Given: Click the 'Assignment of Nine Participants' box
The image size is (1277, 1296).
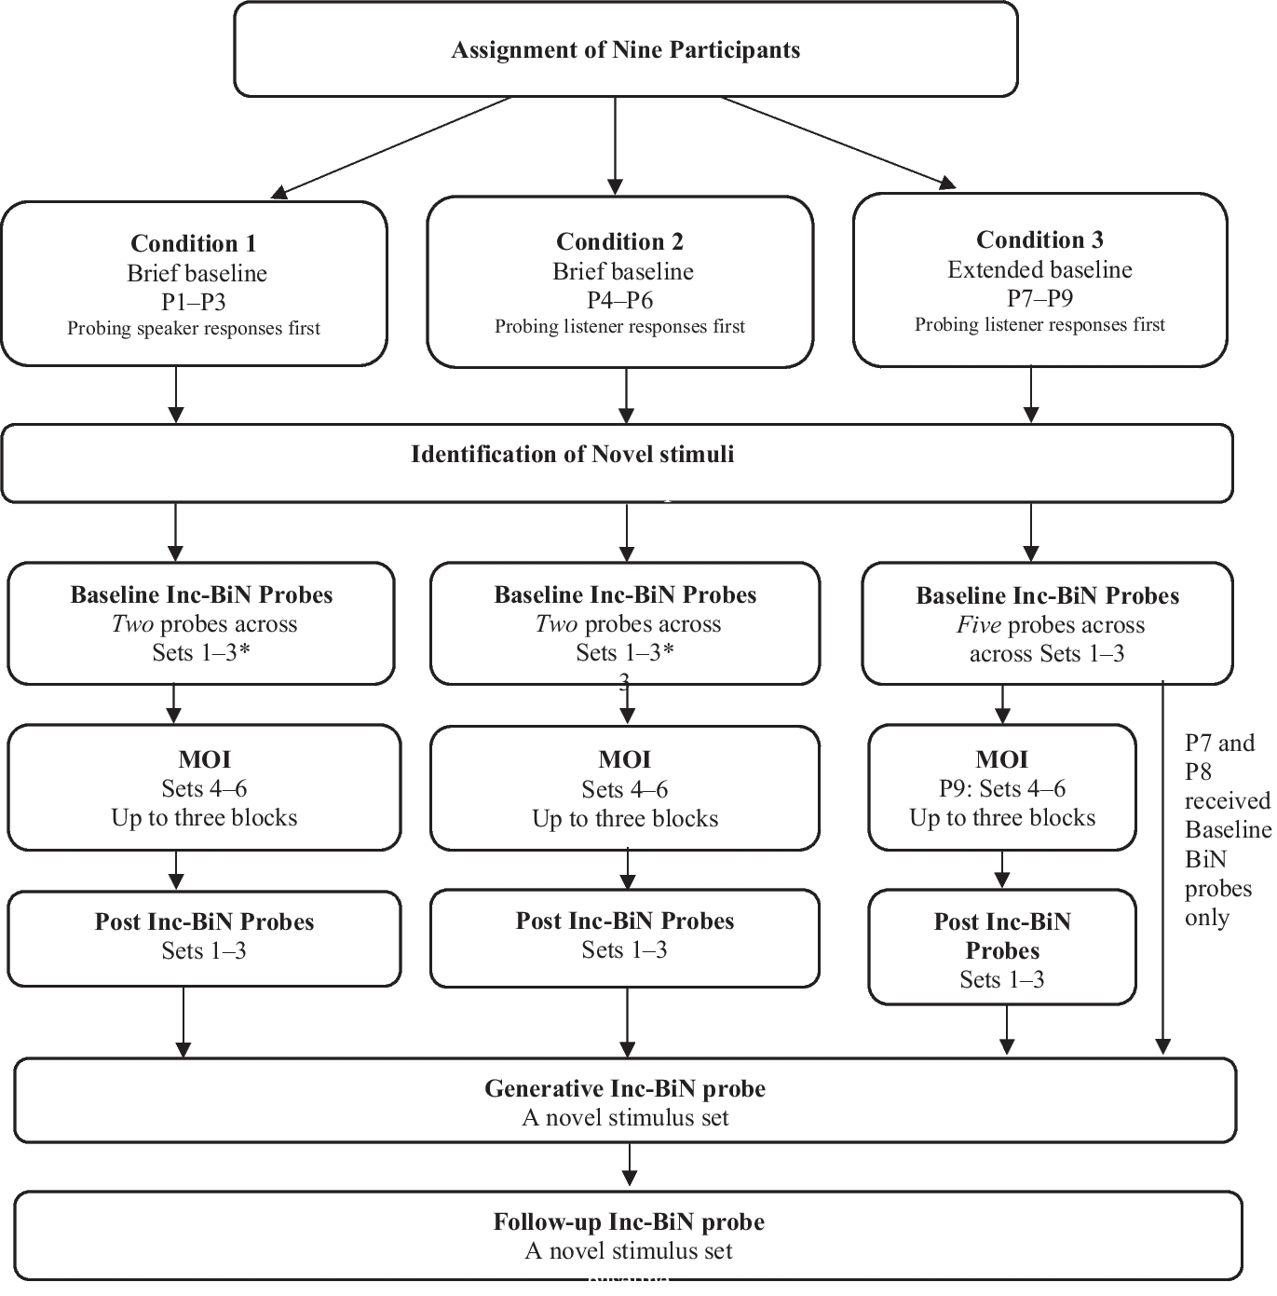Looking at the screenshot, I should [x=625, y=49].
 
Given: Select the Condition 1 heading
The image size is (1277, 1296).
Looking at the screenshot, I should [x=193, y=243].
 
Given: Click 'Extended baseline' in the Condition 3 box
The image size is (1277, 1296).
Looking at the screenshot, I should [x=1039, y=270].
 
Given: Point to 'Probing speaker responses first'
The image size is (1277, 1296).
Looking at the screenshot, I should [x=193, y=329].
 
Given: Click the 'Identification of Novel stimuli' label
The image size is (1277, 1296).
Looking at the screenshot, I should [x=572, y=455].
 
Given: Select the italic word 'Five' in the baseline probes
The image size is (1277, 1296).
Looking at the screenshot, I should [x=978, y=625].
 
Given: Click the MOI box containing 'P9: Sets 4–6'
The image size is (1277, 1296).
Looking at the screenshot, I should [x=1001, y=788].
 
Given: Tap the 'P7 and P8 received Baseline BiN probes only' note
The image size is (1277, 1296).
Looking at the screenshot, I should [x=1225, y=829].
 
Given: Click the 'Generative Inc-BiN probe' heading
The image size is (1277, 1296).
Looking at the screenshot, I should [x=624, y=1088].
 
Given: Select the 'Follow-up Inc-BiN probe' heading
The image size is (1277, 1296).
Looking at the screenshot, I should [x=628, y=1221].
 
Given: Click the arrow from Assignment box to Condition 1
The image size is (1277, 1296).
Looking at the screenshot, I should [x=391, y=146].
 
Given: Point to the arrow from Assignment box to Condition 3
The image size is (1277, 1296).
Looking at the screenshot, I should [x=838, y=141].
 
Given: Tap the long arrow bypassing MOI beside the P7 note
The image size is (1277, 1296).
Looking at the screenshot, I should [x=1162, y=866].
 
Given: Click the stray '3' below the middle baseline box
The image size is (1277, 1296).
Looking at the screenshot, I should [x=624, y=684].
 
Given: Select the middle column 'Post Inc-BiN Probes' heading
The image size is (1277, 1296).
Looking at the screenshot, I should [x=624, y=921].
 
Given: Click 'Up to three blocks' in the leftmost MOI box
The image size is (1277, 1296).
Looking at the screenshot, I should [x=204, y=818].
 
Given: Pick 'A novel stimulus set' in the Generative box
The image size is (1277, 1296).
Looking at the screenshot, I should [x=624, y=1117].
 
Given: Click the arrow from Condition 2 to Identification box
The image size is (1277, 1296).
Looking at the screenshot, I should [x=627, y=396].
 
